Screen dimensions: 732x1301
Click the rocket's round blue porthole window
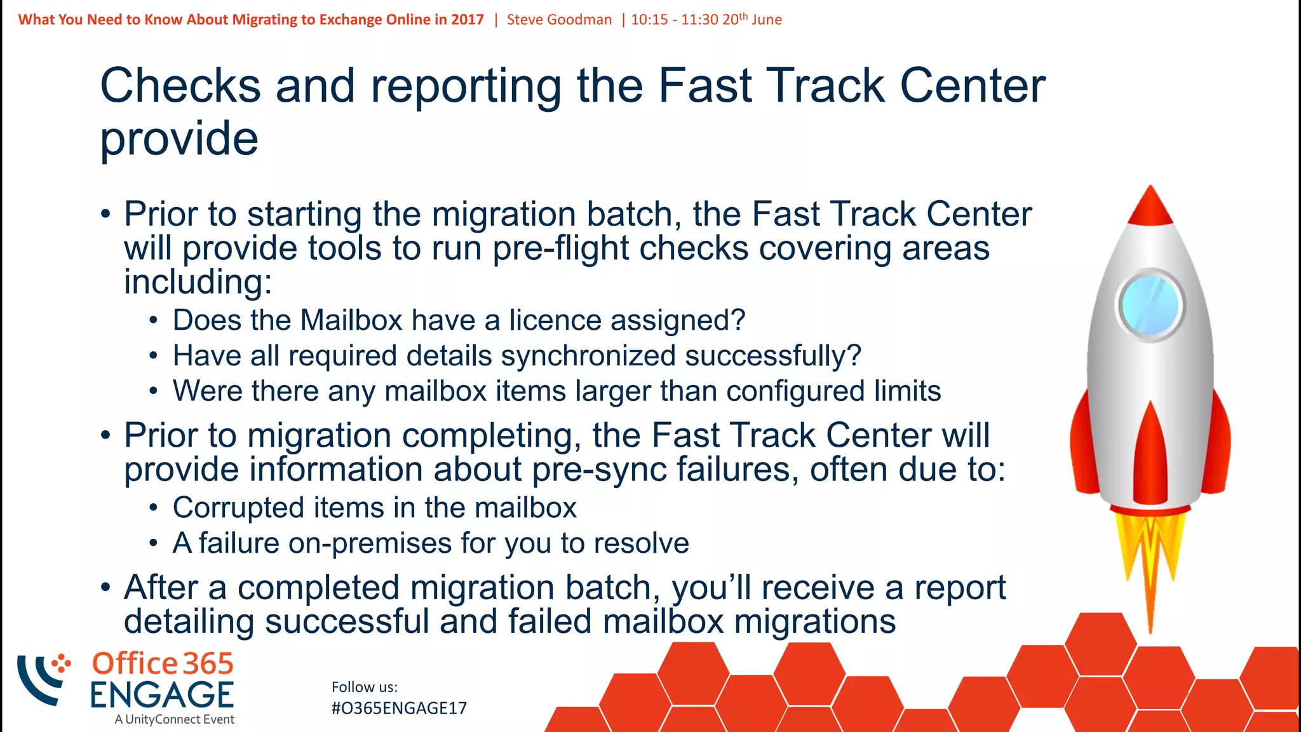[x=1150, y=306]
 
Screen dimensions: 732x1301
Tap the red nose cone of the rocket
[x=1150, y=207]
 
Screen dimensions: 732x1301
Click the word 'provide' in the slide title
[x=179, y=139]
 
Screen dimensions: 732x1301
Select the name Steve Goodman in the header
[x=559, y=20]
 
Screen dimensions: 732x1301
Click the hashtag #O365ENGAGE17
[x=399, y=708]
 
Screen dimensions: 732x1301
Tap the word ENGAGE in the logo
[x=162, y=695]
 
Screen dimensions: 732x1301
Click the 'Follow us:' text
[x=365, y=687]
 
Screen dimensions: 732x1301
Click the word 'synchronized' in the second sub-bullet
[x=541, y=355]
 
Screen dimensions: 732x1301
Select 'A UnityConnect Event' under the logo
[x=175, y=719]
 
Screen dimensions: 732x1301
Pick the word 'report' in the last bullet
[x=960, y=587]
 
